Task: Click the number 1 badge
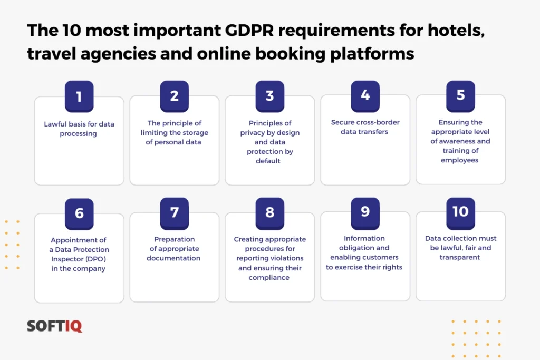(79, 96)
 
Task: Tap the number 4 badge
(365, 95)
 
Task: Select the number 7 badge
(174, 212)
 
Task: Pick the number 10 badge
(460, 211)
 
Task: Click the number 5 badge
(460, 95)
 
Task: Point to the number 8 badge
(269, 212)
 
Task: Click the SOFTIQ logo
(54, 326)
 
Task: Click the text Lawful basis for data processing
(79, 129)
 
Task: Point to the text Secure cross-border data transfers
(365, 127)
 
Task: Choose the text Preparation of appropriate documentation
(174, 249)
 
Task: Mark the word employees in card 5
(460, 160)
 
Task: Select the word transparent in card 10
(460, 258)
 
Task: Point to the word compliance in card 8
(269, 277)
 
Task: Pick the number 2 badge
(174, 95)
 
